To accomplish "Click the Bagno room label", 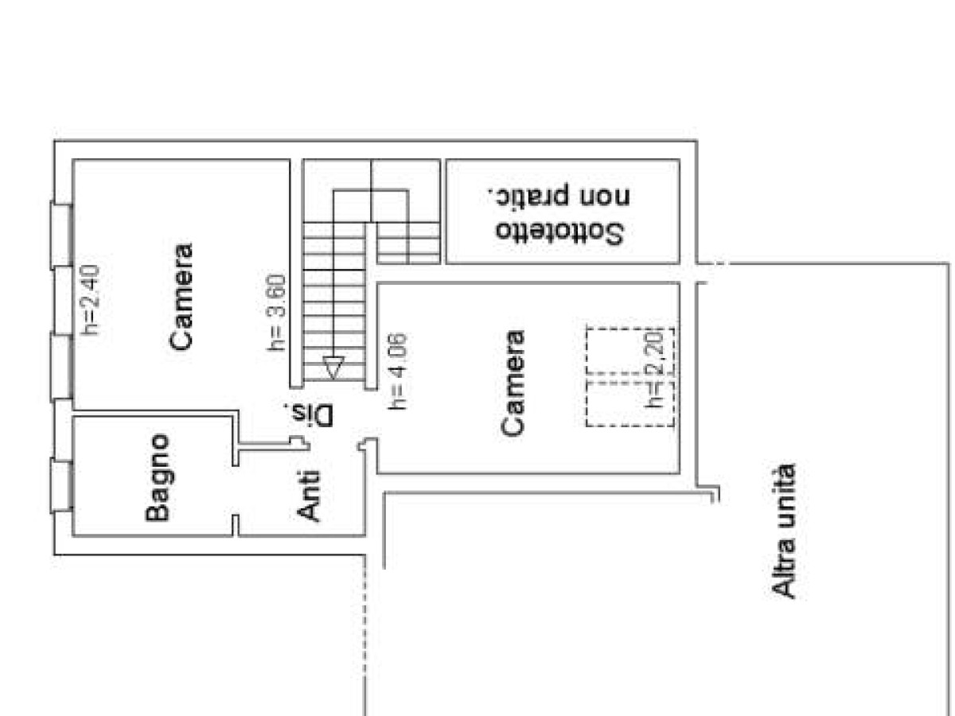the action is tap(157, 477).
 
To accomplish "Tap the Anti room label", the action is tap(308, 496).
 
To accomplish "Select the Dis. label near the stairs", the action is tap(309, 415).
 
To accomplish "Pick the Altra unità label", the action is tap(783, 531).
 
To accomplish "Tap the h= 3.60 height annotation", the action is tap(277, 313).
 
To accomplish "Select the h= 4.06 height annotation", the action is tap(397, 371).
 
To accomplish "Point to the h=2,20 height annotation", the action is tap(654, 369).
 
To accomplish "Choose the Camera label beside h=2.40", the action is tap(181, 297).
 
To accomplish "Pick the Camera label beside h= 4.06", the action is tap(513, 383).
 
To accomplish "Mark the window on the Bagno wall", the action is tap(61, 485).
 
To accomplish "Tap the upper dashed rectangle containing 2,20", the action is tap(630, 352).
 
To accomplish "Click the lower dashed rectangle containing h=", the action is tap(630, 404).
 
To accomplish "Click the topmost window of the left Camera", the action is tap(61, 235).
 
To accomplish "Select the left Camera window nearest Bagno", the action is tap(61, 366).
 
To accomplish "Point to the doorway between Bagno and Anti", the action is tap(236, 490).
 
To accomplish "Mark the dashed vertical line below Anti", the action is tap(364, 636).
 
